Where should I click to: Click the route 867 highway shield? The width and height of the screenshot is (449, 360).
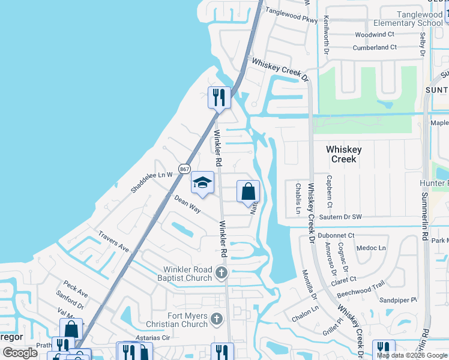(184, 169)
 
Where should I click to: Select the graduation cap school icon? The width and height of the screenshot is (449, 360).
(203, 182)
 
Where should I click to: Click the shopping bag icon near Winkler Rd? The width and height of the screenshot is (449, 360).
(248, 192)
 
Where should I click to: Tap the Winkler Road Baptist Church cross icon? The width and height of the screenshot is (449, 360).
(221, 274)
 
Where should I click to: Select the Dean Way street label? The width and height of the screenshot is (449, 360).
(187, 203)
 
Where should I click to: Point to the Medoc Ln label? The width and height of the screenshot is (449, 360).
(371, 248)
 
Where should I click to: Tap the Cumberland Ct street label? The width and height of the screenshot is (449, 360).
(375, 47)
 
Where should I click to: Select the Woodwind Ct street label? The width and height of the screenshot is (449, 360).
(374, 35)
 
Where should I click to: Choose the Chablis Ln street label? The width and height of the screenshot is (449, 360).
(297, 198)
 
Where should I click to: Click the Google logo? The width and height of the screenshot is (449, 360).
(20, 353)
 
